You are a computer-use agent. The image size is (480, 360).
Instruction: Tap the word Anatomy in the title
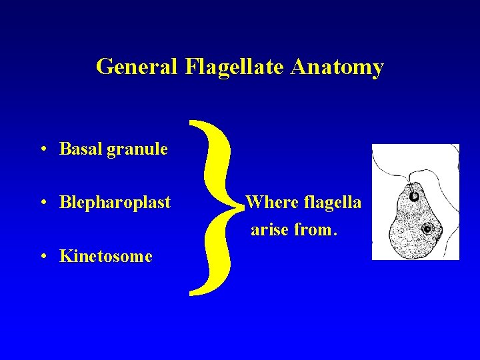(338, 67)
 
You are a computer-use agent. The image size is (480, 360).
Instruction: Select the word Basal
(79, 149)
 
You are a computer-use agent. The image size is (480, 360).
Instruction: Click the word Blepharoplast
(115, 202)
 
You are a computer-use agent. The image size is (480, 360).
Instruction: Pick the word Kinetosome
(106, 256)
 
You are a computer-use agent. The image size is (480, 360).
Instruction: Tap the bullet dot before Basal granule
(42, 149)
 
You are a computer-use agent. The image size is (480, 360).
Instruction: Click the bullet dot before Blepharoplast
(42, 202)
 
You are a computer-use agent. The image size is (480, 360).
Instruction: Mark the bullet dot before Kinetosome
(42, 256)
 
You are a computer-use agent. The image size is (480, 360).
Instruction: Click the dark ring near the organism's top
(414, 196)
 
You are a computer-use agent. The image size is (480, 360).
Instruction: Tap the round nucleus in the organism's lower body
(427, 231)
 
